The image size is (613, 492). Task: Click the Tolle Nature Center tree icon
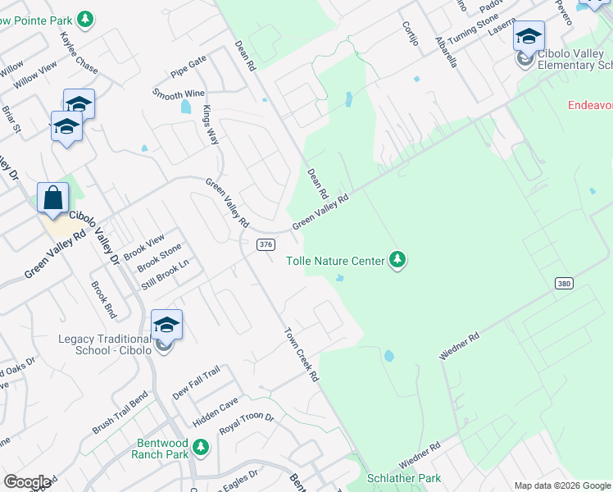tap(397, 261)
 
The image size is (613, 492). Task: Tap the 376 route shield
tap(265, 244)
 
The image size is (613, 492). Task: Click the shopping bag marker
tap(53, 198)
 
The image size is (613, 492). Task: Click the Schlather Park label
tap(405, 478)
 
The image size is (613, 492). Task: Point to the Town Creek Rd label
tap(302, 355)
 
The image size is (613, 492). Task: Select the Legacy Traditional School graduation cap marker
tap(166, 326)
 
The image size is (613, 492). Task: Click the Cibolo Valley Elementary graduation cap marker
tap(529, 37)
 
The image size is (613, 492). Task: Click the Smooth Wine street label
tap(179, 94)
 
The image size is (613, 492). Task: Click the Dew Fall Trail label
tap(197, 383)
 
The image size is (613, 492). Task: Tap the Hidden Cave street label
tap(215, 412)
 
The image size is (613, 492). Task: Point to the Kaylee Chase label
tap(79, 53)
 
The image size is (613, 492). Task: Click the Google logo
tap(26, 482)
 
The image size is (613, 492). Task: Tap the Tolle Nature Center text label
tap(335, 261)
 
